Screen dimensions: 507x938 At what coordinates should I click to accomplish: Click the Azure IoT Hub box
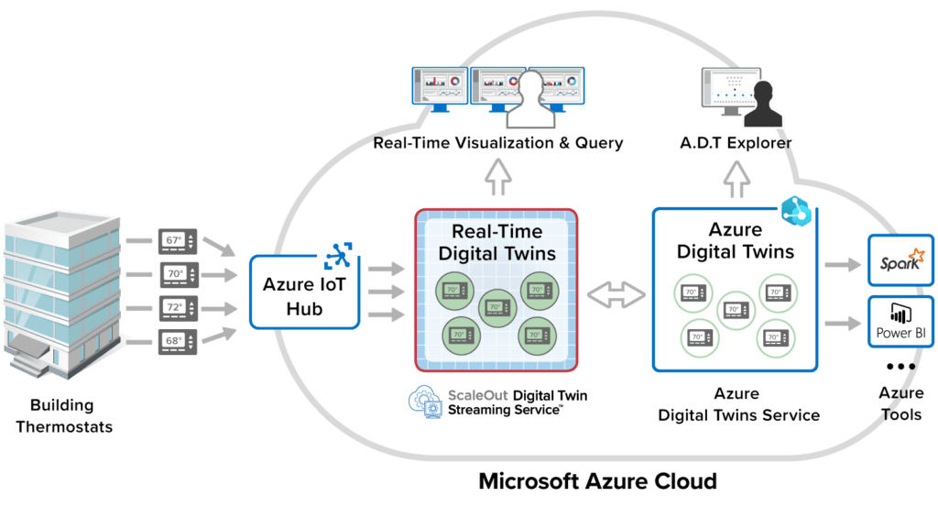click(x=304, y=292)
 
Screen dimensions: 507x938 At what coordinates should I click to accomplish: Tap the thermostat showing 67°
click(x=177, y=240)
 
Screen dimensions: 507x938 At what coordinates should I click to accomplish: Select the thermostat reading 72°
click(x=177, y=306)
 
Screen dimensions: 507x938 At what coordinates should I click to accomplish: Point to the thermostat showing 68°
click(x=177, y=340)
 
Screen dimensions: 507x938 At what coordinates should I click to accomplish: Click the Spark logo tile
click(x=900, y=263)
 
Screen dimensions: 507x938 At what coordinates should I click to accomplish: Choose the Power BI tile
click(x=900, y=322)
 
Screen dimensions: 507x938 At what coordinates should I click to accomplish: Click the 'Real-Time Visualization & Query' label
click(x=498, y=143)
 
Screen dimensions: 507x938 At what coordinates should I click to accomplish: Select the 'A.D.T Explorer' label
click(x=736, y=143)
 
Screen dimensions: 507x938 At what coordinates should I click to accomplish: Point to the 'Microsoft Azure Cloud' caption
click(x=597, y=480)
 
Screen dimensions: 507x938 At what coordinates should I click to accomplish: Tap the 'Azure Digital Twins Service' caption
click(x=738, y=404)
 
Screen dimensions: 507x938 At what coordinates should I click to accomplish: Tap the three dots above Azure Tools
click(x=900, y=367)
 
